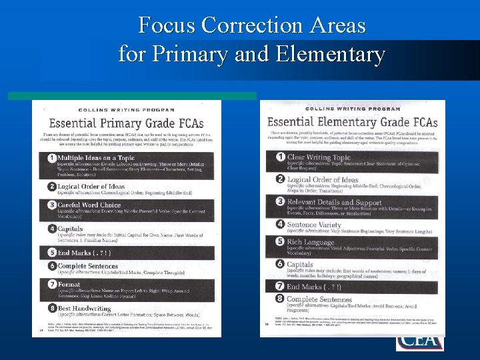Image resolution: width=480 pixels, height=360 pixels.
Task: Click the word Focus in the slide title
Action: [167, 25]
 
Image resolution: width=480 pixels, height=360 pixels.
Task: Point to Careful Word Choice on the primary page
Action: [89, 205]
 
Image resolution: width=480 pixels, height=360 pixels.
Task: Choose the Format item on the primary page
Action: [69, 284]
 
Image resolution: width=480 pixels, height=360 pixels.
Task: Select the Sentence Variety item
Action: [315, 225]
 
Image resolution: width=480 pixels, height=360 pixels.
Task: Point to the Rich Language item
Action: [311, 242]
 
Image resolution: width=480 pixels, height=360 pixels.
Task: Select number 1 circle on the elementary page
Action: [281, 157]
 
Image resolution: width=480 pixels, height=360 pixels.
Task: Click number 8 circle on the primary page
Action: [51, 309]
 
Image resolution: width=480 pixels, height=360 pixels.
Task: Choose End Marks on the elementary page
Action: [314, 287]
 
